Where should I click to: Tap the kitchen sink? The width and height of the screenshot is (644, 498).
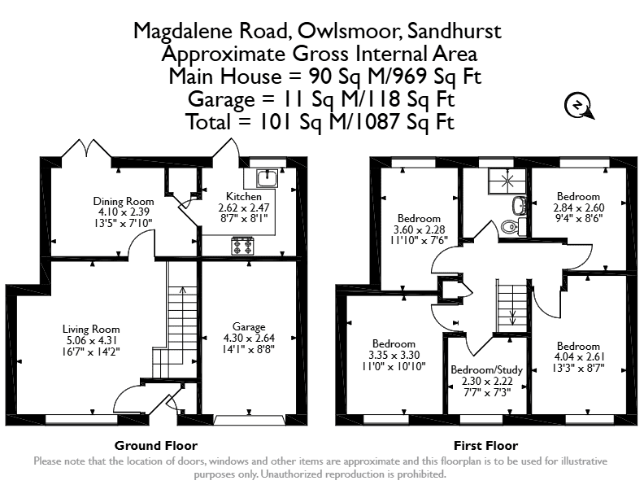(x=268, y=178)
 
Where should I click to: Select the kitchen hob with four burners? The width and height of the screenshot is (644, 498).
(x=242, y=246)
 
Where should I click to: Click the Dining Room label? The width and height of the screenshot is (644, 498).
(x=124, y=201)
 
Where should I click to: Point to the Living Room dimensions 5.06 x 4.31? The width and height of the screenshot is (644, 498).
(x=92, y=340)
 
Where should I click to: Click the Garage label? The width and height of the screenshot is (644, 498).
(x=249, y=327)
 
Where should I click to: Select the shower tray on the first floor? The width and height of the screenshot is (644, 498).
(x=507, y=181)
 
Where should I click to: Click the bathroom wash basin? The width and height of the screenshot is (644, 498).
(x=519, y=205)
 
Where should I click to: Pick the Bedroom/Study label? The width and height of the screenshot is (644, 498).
(x=486, y=369)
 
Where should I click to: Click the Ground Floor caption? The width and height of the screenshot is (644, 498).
(x=156, y=445)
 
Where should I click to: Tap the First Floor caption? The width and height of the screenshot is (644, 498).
(x=486, y=445)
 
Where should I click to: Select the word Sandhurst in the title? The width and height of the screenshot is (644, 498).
(x=454, y=31)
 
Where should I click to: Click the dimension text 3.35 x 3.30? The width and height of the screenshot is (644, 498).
(x=394, y=355)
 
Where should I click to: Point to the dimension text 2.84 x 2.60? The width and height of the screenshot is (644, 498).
(x=579, y=207)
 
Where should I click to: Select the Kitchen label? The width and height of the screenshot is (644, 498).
(x=244, y=196)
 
